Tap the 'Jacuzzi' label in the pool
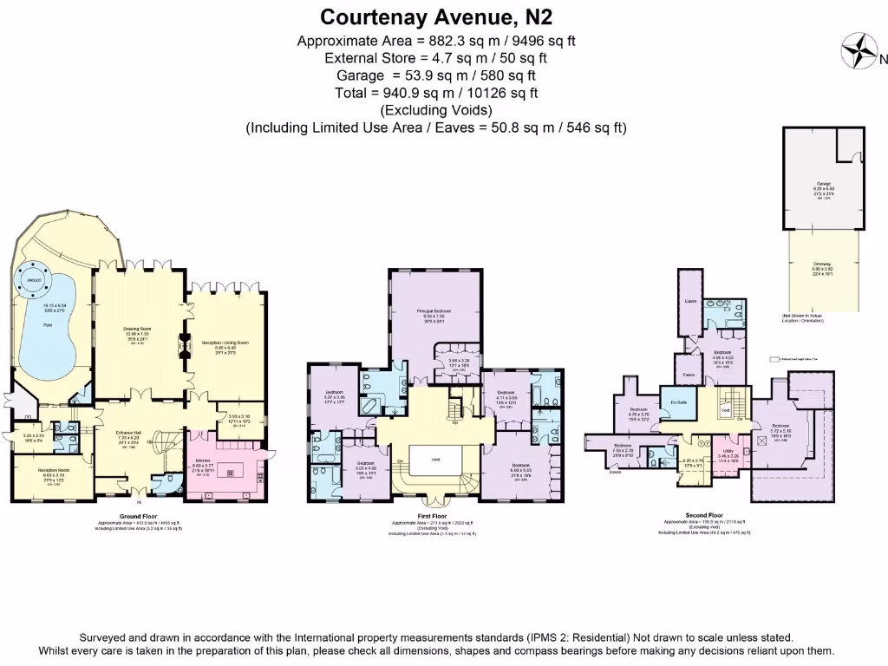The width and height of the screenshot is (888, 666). click(35, 282)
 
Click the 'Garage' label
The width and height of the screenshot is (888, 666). click(823, 184)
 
